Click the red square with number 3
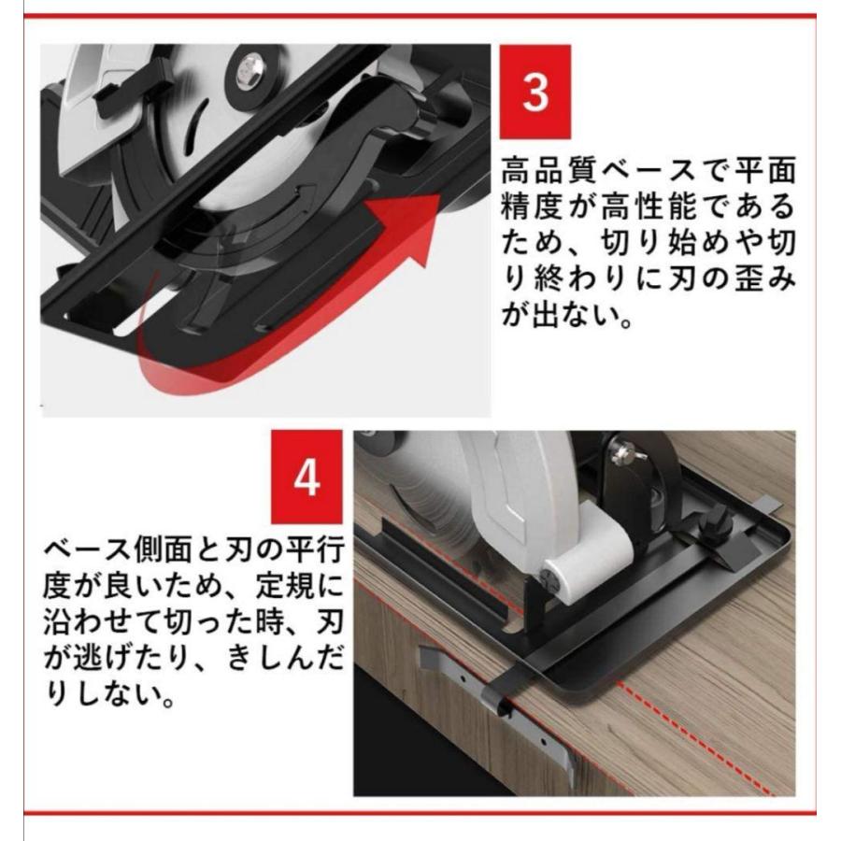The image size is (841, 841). [x=535, y=92]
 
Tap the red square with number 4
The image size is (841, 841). [x=306, y=477]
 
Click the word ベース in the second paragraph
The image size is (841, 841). [x=88, y=549]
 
